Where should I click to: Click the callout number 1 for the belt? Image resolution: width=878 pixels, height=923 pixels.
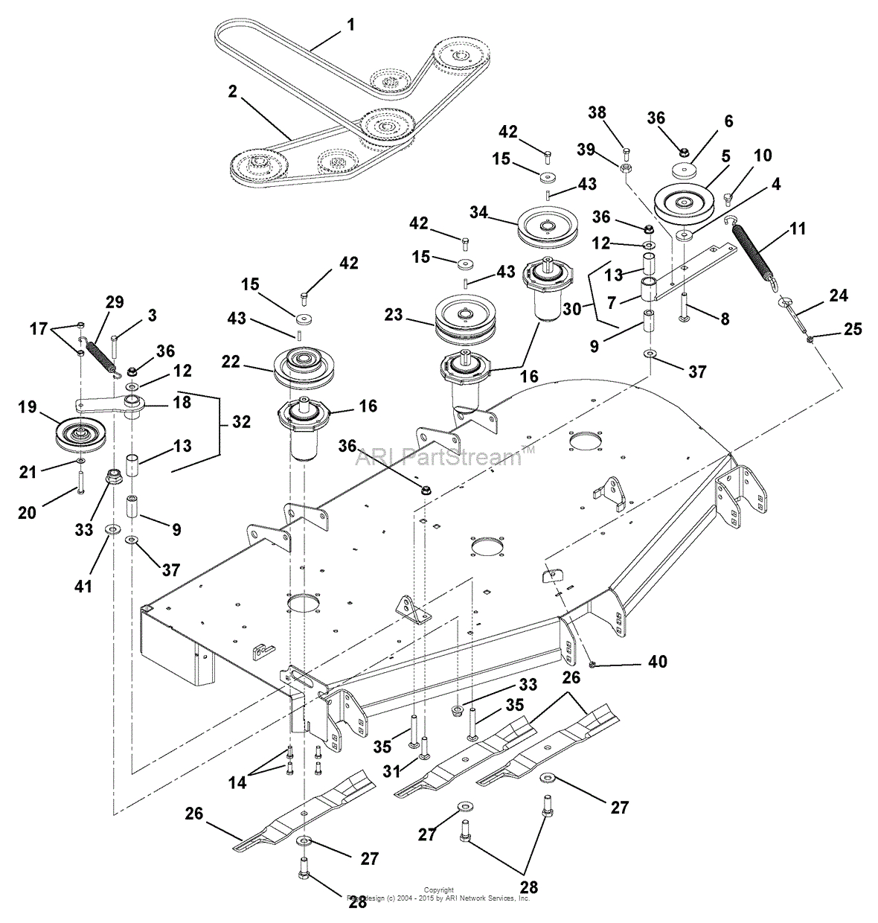coord(350,25)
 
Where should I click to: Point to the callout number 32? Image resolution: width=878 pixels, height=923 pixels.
coord(242,421)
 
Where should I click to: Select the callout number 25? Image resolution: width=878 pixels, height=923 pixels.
coord(853,328)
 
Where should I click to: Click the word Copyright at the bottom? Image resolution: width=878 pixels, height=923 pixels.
coord(438,890)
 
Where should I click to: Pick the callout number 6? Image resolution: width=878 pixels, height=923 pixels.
coord(728,121)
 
